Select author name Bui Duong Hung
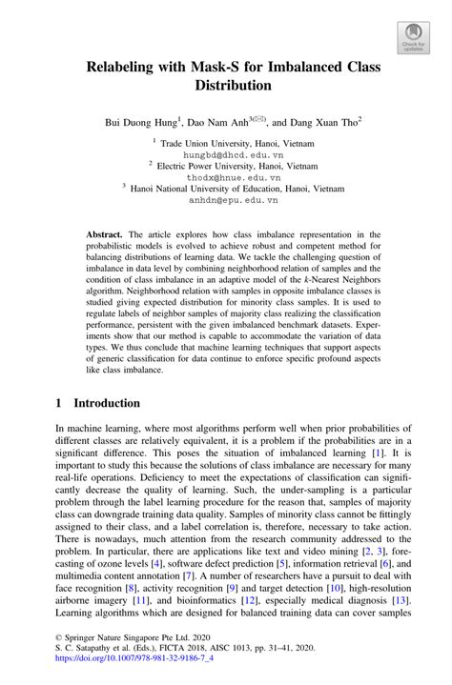[x=141, y=123]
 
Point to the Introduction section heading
[x=107, y=403]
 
